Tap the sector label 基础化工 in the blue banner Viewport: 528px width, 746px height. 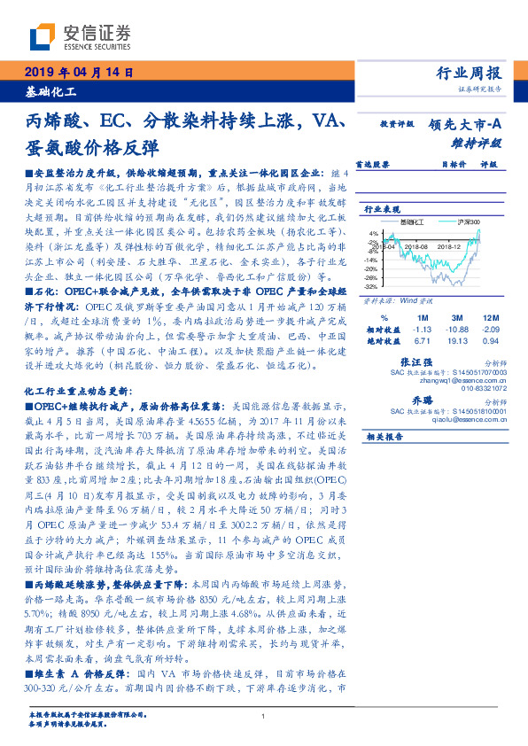point(50,90)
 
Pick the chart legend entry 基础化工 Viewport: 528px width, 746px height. point(413,221)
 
